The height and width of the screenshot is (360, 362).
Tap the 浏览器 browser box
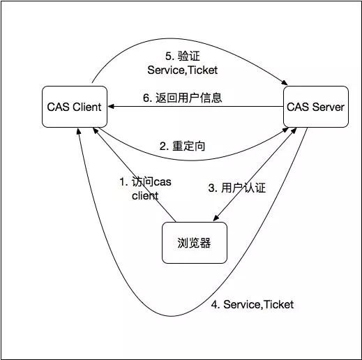point(194,243)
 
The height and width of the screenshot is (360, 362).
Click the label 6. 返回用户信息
point(183,98)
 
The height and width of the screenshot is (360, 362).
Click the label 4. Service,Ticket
point(252,305)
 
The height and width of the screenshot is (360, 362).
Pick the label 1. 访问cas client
point(144,188)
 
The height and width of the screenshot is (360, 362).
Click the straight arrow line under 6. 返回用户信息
point(209,107)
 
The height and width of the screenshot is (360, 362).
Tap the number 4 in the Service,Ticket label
point(215,305)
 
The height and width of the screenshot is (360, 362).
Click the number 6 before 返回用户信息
point(146,98)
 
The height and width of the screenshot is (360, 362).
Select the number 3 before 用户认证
point(211,188)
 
